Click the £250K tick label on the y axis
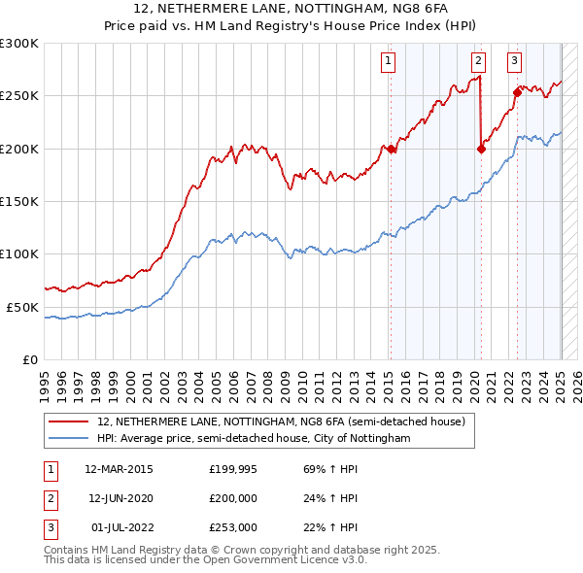(18, 96)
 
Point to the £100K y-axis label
(18, 254)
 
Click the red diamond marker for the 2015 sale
(390, 149)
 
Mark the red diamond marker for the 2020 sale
(481, 149)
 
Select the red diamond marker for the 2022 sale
(517, 92)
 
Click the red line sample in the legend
(70, 422)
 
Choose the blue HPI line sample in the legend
(70, 439)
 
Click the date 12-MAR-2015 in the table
(119, 469)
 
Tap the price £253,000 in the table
(233, 527)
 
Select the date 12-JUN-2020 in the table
(119, 498)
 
